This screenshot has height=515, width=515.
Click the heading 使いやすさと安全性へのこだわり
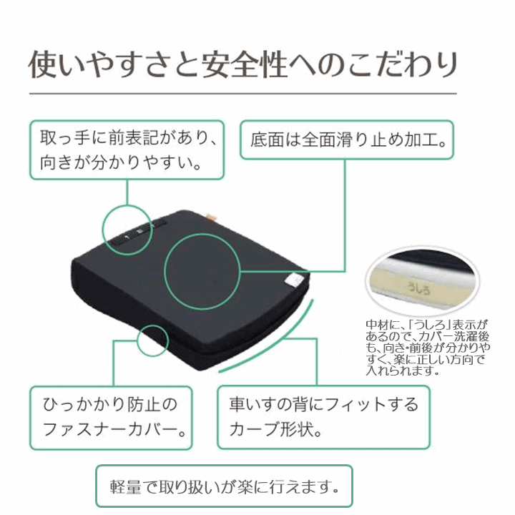[243, 64]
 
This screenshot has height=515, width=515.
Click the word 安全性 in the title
[245, 64]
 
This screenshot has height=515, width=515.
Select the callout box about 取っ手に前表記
[127, 150]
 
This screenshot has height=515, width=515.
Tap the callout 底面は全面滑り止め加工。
[347, 140]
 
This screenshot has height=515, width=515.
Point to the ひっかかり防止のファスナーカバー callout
[111, 418]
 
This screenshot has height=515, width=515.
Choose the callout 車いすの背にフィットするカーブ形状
[323, 417]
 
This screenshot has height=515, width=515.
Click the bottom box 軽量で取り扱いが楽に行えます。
[224, 486]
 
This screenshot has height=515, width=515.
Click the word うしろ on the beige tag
[418, 288]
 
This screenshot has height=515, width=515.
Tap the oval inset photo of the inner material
[423, 280]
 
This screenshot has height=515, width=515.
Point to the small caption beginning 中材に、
[428, 348]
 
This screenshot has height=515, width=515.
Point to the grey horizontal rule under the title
[243, 94]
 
